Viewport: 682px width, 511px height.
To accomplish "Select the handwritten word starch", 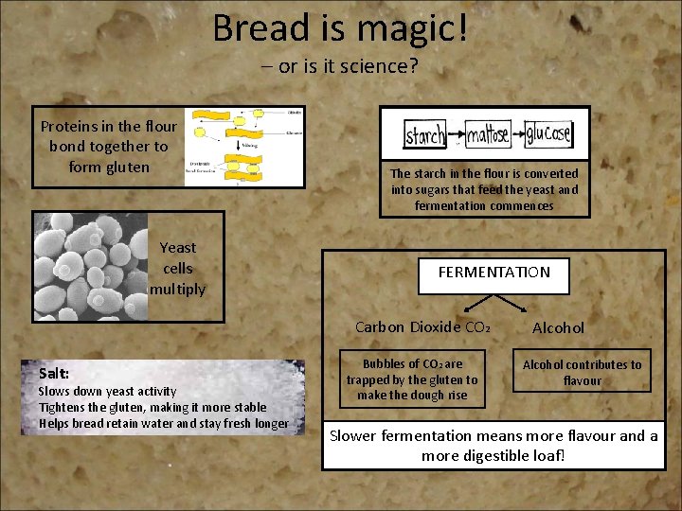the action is point(425,135).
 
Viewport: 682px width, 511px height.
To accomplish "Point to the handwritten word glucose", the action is point(547,133).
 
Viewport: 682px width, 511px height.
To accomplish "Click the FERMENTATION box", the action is point(494,273).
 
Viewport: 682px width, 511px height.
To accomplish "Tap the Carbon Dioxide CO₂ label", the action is point(422,327).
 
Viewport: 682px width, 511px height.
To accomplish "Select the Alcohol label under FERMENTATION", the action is point(558,327).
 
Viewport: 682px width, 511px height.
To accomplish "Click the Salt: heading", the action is point(54,373).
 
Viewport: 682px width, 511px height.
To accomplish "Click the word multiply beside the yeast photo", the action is point(177,289).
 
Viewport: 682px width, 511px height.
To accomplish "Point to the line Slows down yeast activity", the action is point(107,391).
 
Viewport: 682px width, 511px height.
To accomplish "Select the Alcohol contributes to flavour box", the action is point(582,372).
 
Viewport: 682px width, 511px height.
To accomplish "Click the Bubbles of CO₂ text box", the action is point(411,379).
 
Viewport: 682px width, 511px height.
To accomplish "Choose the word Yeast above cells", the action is point(178,247).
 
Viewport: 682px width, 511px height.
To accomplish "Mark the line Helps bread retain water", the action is point(163,423).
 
